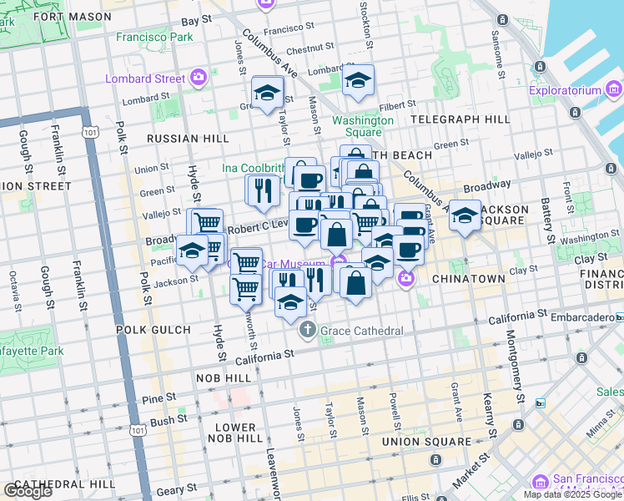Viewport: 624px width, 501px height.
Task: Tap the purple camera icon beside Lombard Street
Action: (199, 79)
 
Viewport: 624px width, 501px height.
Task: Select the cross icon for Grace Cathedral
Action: (309, 331)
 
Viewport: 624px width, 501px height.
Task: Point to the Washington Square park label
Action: (363, 126)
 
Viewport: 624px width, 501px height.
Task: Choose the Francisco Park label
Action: (154, 38)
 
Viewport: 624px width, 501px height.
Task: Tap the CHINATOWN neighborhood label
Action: (469, 278)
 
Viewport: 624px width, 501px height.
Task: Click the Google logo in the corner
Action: (27, 491)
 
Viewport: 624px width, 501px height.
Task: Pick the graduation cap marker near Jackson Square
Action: (465, 217)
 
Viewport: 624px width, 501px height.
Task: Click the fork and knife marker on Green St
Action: (262, 191)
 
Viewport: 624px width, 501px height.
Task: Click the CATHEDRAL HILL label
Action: (65, 484)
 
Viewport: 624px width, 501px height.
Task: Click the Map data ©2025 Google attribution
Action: (573, 494)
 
